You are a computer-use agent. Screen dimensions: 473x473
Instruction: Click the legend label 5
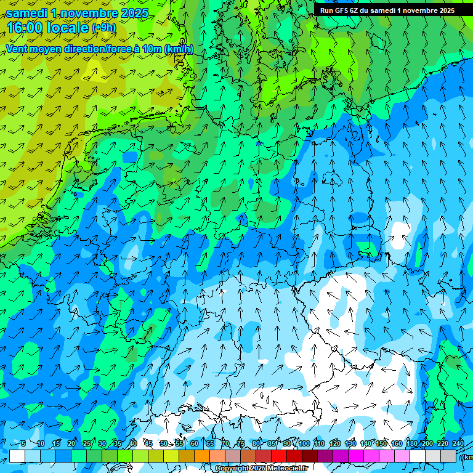(x=23, y=443)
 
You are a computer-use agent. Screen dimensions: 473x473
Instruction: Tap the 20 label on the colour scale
(x=71, y=443)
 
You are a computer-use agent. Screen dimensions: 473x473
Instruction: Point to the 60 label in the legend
(x=195, y=443)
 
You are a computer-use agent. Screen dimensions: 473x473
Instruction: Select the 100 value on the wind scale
(x=304, y=443)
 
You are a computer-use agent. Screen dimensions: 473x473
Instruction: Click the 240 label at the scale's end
(x=458, y=443)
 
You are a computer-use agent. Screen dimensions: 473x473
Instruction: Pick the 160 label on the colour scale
(x=396, y=443)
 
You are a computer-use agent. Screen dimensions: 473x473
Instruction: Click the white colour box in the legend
(x=17, y=456)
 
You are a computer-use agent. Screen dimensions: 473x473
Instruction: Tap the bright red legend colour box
(x=279, y=456)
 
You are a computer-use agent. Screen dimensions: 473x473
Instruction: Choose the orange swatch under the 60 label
(x=202, y=456)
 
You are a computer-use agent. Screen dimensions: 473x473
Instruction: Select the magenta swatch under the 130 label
(x=356, y=456)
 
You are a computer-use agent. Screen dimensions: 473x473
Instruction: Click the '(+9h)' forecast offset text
(x=103, y=28)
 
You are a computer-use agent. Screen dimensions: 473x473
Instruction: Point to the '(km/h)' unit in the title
(x=179, y=49)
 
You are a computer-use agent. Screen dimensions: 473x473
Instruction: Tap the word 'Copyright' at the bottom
(x=233, y=469)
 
